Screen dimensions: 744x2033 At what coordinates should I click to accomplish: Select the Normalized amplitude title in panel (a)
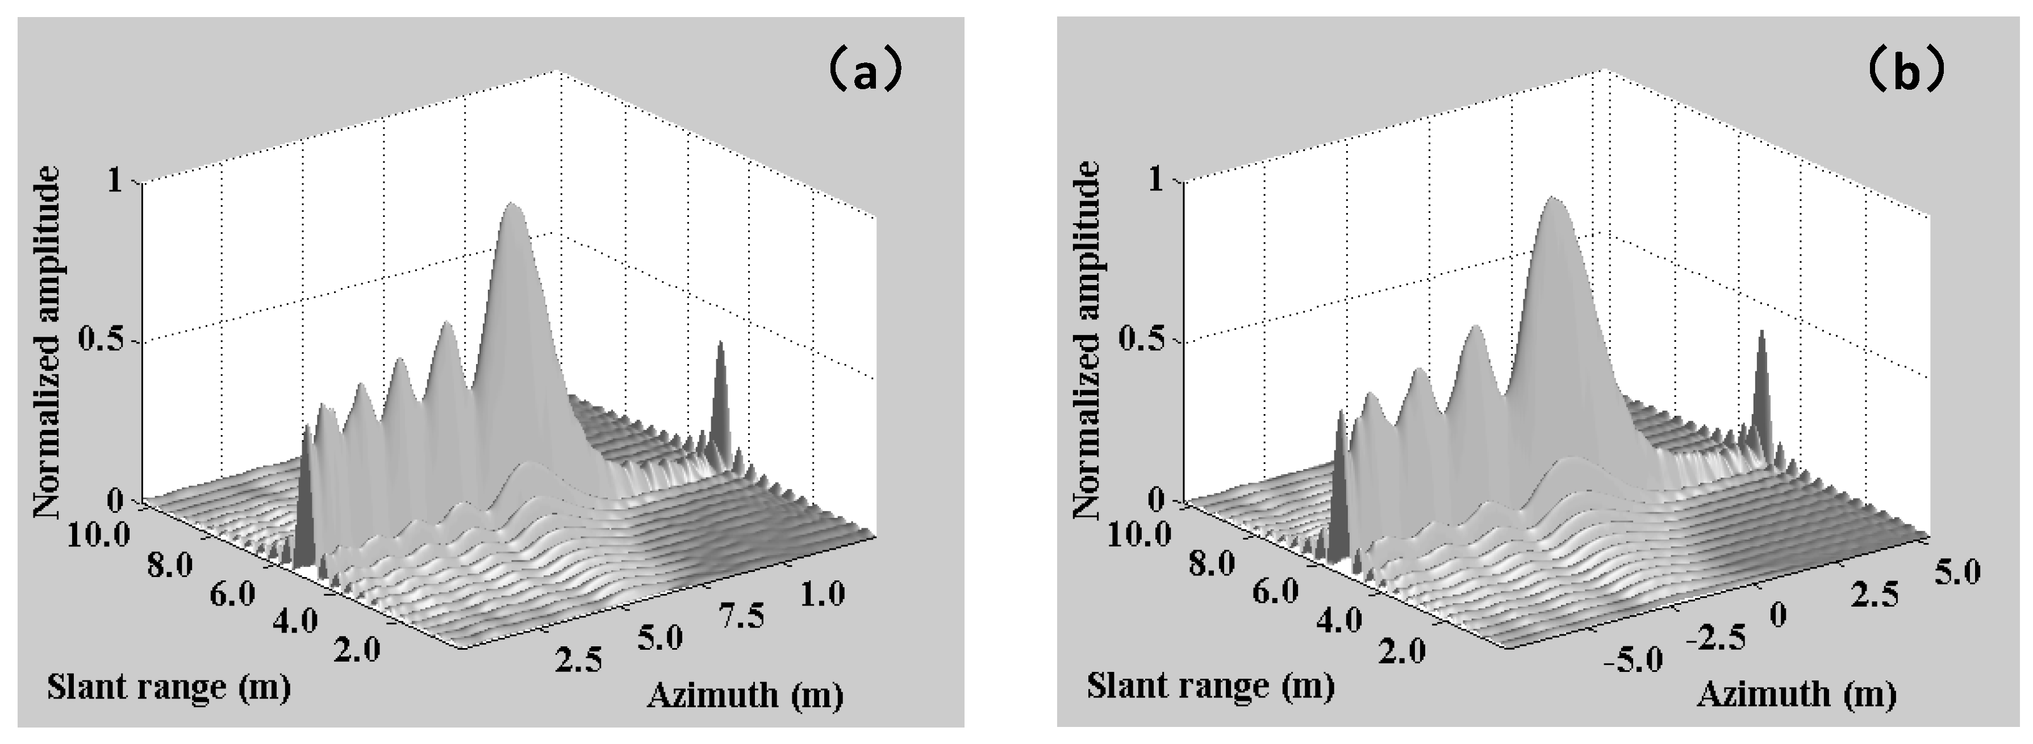[47, 342]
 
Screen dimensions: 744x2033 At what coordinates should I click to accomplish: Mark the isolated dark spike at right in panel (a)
[720, 347]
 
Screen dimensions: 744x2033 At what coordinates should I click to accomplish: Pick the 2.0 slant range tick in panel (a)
[357, 649]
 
